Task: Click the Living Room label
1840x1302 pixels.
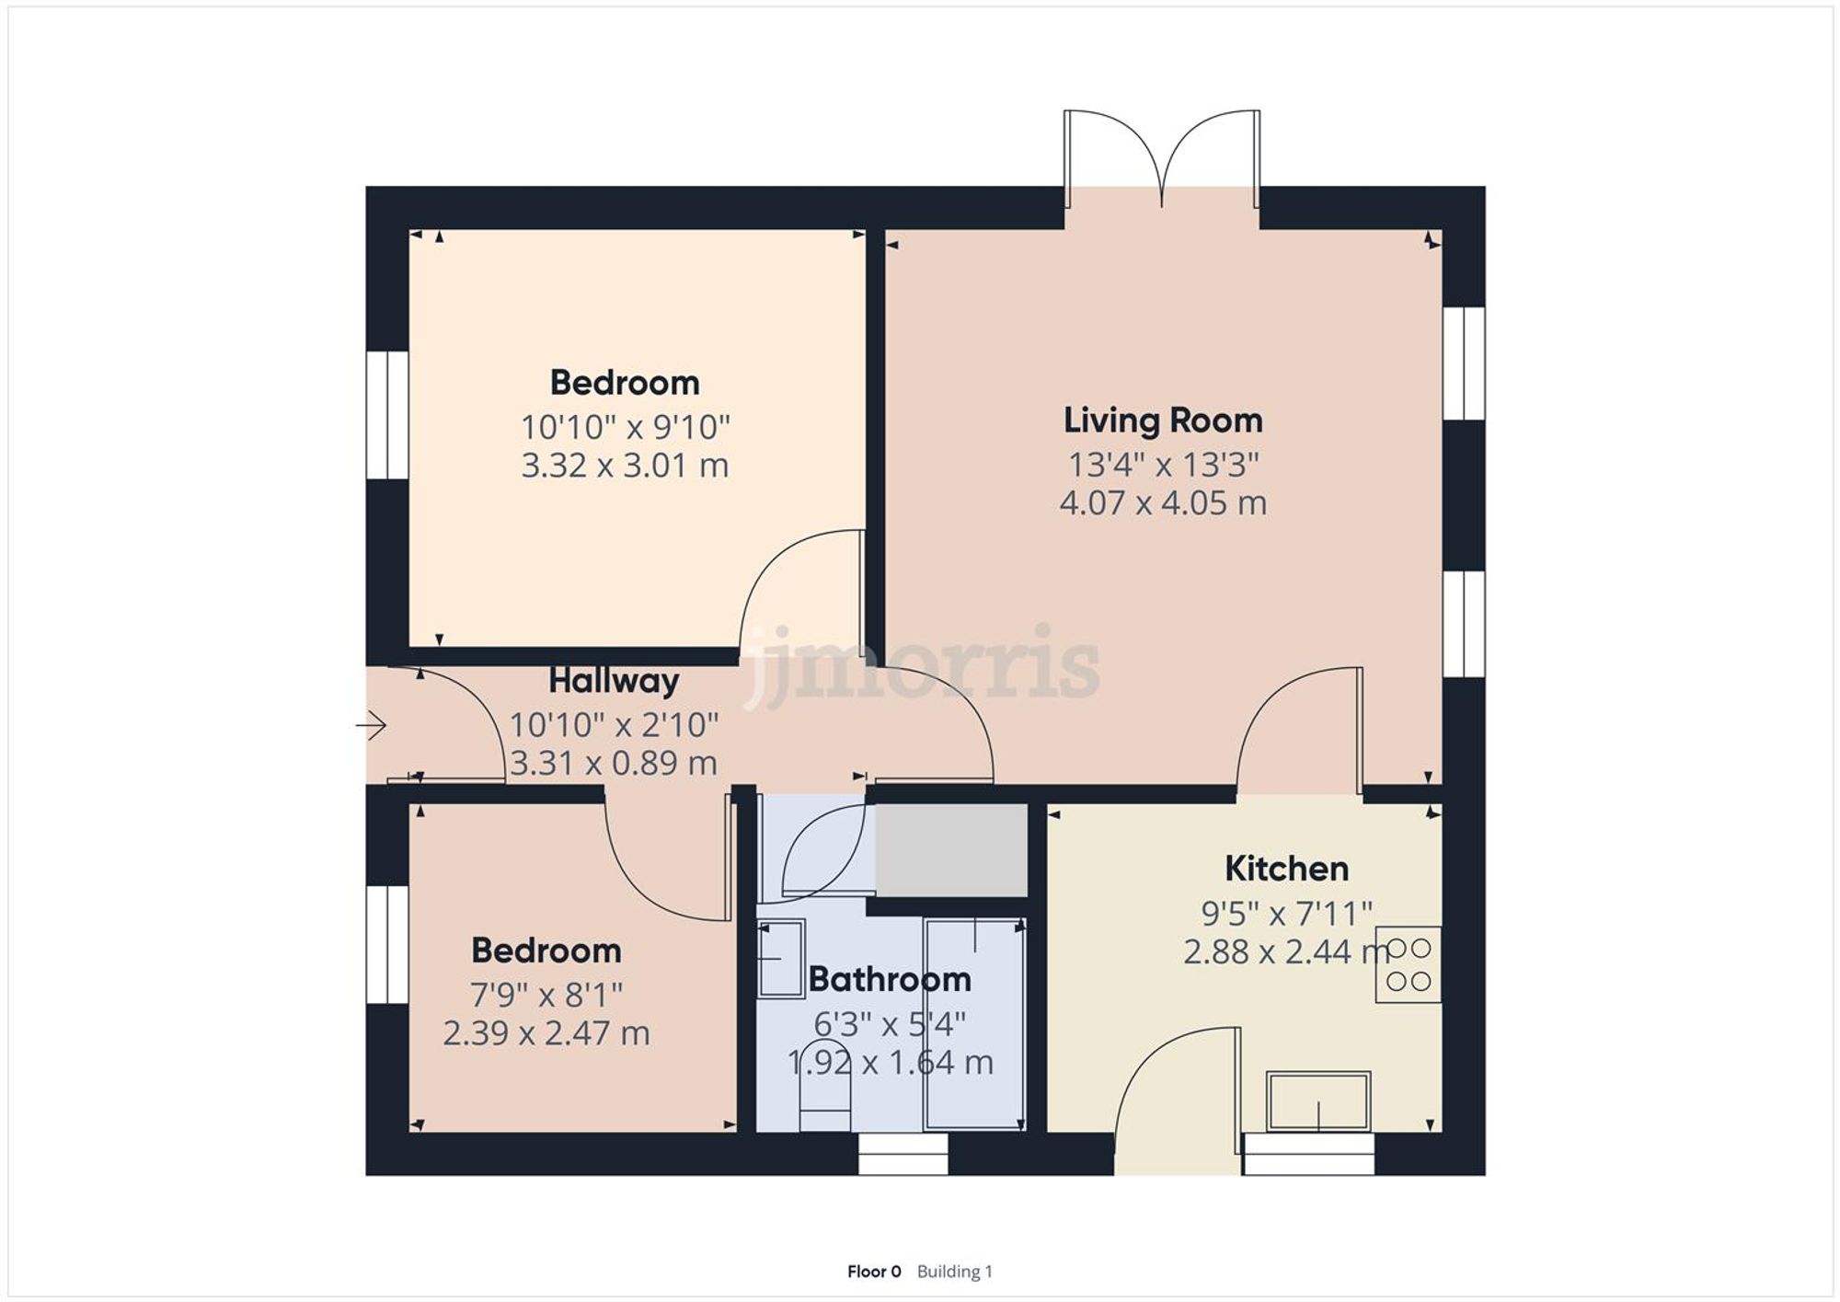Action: (x=1163, y=421)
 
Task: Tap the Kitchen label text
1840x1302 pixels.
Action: (x=1286, y=869)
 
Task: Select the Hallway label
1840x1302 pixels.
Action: (x=614, y=681)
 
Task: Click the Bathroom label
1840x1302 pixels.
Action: (x=890, y=979)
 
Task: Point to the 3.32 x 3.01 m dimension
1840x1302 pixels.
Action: (x=625, y=466)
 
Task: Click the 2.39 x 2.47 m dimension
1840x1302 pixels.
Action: (x=546, y=1033)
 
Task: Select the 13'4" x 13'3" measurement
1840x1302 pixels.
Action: (x=1163, y=465)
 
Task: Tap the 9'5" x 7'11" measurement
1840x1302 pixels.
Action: (x=1286, y=914)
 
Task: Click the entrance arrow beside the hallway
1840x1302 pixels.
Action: (x=372, y=726)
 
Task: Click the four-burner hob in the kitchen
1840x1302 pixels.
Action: (x=1409, y=964)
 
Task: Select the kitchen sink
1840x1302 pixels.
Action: (x=1317, y=1100)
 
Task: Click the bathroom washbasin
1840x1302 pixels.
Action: (x=780, y=958)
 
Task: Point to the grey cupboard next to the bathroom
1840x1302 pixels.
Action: (x=950, y=849)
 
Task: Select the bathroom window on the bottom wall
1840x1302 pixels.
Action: (x=903, y=1154)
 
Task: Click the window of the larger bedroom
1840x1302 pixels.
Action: (x=387, y=415)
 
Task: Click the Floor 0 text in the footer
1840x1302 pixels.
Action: (x=874, y=1272)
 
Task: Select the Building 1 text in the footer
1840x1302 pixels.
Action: (x=954, y=1272)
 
